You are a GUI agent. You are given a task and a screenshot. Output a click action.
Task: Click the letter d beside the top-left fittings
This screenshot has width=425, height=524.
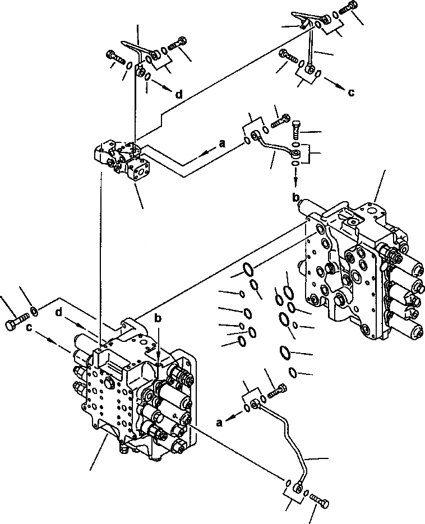coord(179,95)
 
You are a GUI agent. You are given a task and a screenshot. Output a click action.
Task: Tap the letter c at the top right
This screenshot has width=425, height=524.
coord(351,92)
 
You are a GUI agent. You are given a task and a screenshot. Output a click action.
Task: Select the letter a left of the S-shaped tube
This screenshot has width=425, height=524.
coord(223,144)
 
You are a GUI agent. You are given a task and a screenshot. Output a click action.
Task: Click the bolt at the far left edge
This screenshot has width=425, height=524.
coord(15,323)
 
